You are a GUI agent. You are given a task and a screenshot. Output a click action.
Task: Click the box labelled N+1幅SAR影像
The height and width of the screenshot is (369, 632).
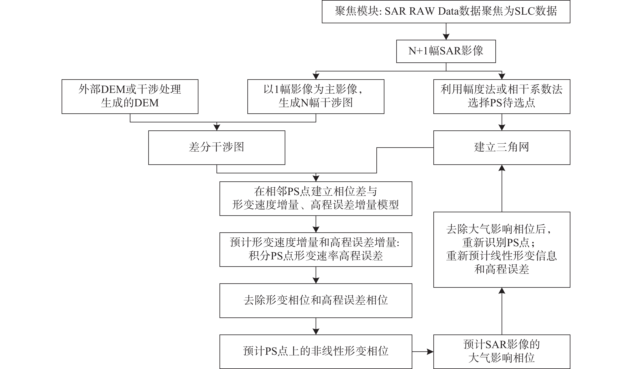point(446,51)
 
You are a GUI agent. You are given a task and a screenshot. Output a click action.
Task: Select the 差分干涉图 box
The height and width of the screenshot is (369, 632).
point(216,147)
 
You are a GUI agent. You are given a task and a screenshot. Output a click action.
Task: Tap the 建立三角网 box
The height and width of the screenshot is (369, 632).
point(502,147)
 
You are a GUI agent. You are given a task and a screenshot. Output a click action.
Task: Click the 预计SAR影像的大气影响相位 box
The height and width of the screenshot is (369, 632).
point(502,351)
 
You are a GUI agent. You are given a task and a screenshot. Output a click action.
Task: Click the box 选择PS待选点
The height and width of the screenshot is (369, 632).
point(502,97)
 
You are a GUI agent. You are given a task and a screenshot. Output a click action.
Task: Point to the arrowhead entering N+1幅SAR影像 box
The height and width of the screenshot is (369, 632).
point(446,37)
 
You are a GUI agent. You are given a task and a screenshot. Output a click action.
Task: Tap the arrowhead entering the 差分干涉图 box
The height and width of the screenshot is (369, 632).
point(217,127)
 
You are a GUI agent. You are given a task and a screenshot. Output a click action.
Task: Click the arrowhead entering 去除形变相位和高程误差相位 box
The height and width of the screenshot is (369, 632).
point(316,280)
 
